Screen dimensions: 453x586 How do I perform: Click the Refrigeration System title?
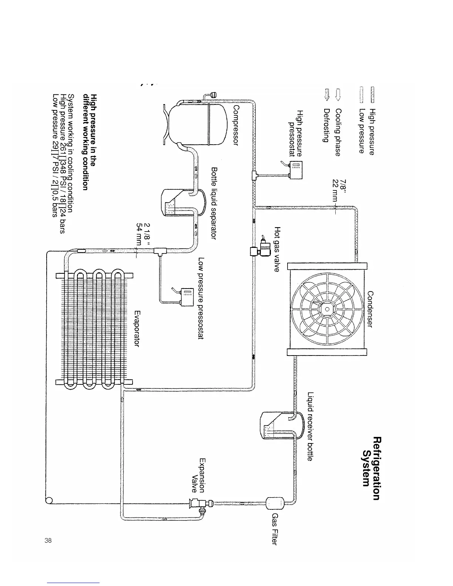click(x=371, y=468)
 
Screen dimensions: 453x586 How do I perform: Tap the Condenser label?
click(x=369, y=309)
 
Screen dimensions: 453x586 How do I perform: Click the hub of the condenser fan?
click(x=327, y=310)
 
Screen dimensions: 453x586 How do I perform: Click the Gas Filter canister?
click(x=275, y=502)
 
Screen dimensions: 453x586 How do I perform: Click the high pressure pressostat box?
click(x=296, y=171)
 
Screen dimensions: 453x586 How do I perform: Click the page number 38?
click(x=47, y=540)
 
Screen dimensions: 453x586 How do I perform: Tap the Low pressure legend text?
click(x=362, y=131)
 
